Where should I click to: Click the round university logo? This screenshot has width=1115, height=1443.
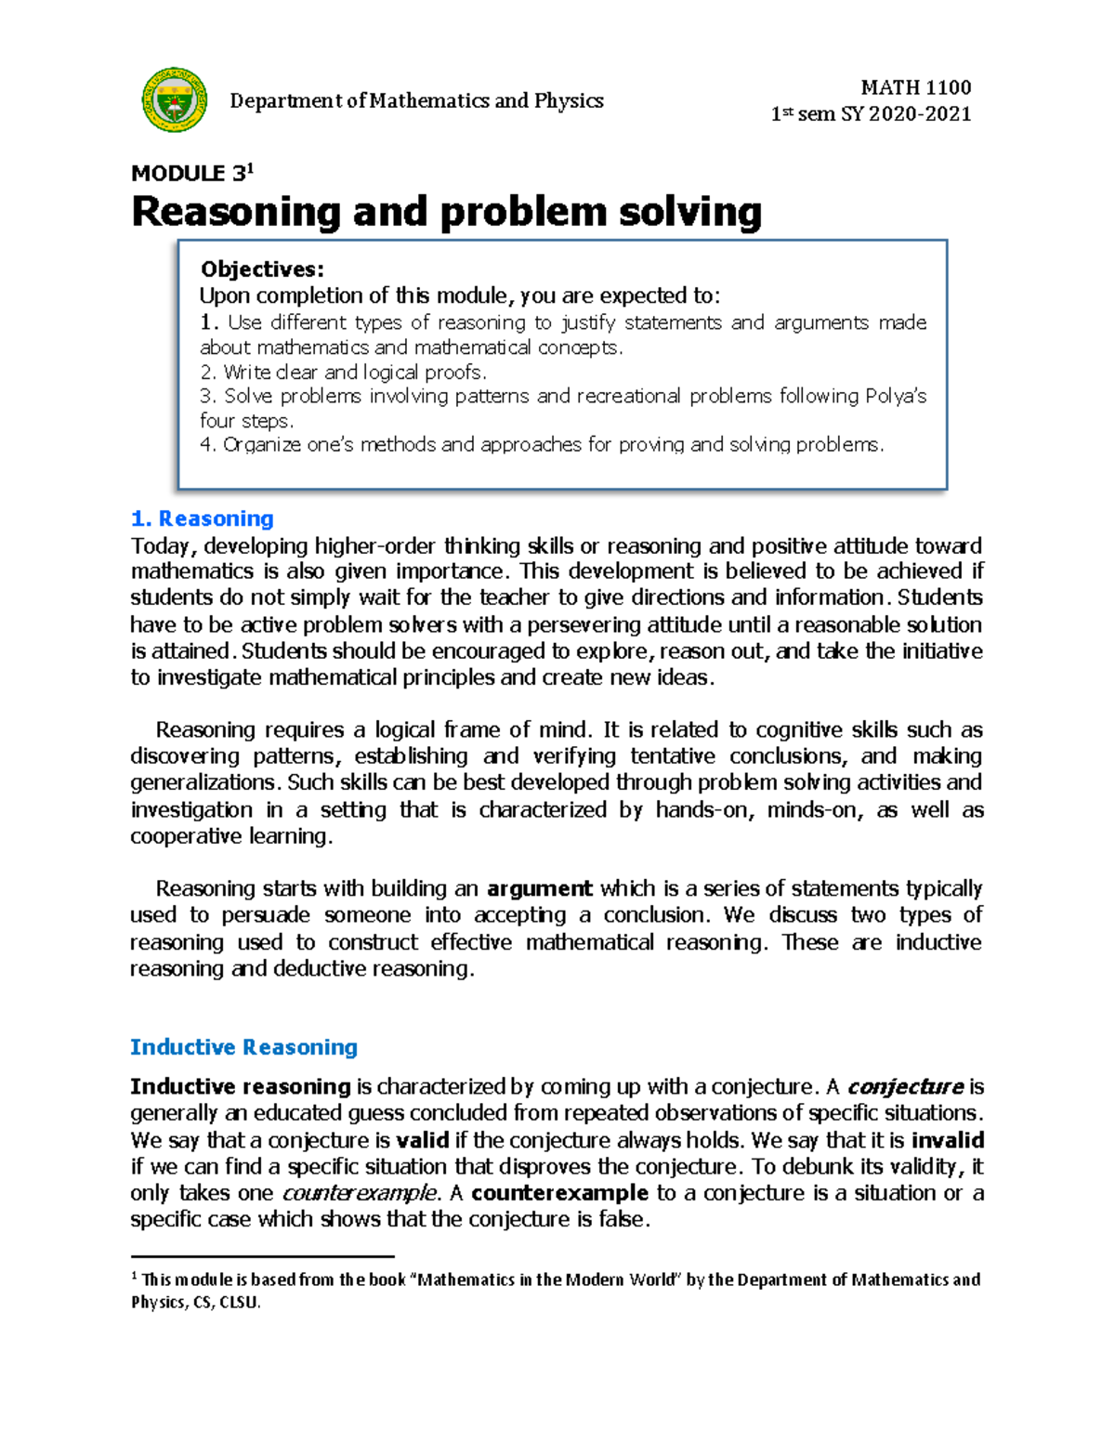[x=174, y=99]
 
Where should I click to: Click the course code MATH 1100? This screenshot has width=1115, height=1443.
[x=915, y=87]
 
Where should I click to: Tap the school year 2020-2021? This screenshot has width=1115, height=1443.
[x=919, y=114]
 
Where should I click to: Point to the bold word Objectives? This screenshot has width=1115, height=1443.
[x=262, y=269]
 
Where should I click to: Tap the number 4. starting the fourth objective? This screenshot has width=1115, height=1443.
[x=208, y=444]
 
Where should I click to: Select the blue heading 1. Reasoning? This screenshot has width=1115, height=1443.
[x=203, y=518]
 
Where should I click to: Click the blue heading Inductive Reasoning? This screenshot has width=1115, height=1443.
[x=243, y=1047]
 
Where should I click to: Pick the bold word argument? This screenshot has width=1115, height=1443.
[x=539, y=888]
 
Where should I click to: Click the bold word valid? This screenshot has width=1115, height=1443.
[x=423, y=1140]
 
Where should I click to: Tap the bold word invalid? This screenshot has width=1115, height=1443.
[x=947, y=1140]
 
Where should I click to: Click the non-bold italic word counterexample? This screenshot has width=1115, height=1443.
[x=359, y=1193]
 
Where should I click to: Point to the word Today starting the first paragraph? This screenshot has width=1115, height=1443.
[x=161, y=545]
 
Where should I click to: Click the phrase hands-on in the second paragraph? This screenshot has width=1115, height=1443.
[x=702, y=809]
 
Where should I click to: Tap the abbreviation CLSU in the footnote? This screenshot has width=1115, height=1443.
[x=239, y=1303]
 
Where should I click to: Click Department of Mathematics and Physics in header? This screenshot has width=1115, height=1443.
[x=416, y=100]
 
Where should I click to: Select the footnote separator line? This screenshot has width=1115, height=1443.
[x=262, y=1256]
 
